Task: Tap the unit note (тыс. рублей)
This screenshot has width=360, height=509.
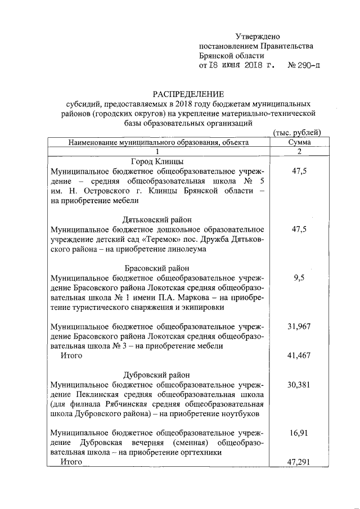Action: click(296, 133)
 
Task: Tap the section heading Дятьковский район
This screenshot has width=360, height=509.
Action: click(157, 220)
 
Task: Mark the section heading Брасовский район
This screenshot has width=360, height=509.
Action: click(157, 268)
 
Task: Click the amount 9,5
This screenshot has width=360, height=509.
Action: click(299, 278)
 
